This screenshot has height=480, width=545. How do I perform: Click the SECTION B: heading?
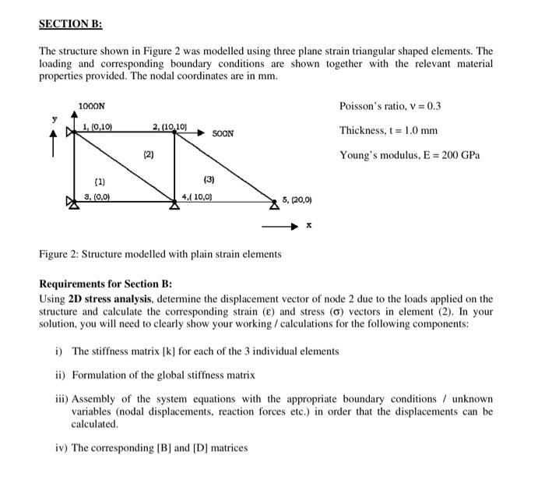(71, 23)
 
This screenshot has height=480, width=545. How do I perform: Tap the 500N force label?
(223, 134)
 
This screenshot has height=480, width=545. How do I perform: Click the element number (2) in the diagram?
(148, 155)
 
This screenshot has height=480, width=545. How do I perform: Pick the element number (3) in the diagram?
(209, 180)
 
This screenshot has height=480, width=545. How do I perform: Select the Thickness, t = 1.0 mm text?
(388, 130)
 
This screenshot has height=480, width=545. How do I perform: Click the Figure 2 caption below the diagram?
(160, 254)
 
